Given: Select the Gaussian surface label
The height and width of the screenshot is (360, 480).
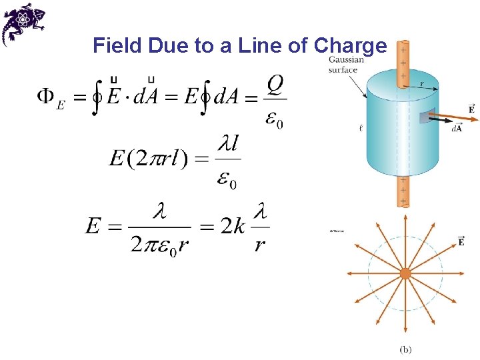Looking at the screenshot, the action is [x=346, y=65].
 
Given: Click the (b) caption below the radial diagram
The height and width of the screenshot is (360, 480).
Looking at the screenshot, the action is [x=406, y=349].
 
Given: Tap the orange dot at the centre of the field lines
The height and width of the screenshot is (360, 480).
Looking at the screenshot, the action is [x=405, y=273].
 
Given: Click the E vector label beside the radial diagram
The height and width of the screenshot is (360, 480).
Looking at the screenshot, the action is [x=461, y=241].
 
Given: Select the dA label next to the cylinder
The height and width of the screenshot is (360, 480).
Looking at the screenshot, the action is [x=457, y=129].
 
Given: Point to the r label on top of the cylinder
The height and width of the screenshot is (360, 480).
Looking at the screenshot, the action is [x=421, y=84].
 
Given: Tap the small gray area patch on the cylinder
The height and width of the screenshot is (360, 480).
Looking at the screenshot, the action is [x=423, y=118].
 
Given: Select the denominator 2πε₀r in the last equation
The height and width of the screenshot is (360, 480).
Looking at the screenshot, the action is [x=160, y=245].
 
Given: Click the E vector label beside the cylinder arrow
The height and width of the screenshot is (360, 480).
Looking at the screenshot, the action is [x=471, y=108].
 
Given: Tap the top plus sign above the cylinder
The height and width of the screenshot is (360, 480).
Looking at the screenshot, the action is [x=403, y=50].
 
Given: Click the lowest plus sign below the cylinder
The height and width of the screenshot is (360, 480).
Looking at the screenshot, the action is [x=403, y=201].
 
